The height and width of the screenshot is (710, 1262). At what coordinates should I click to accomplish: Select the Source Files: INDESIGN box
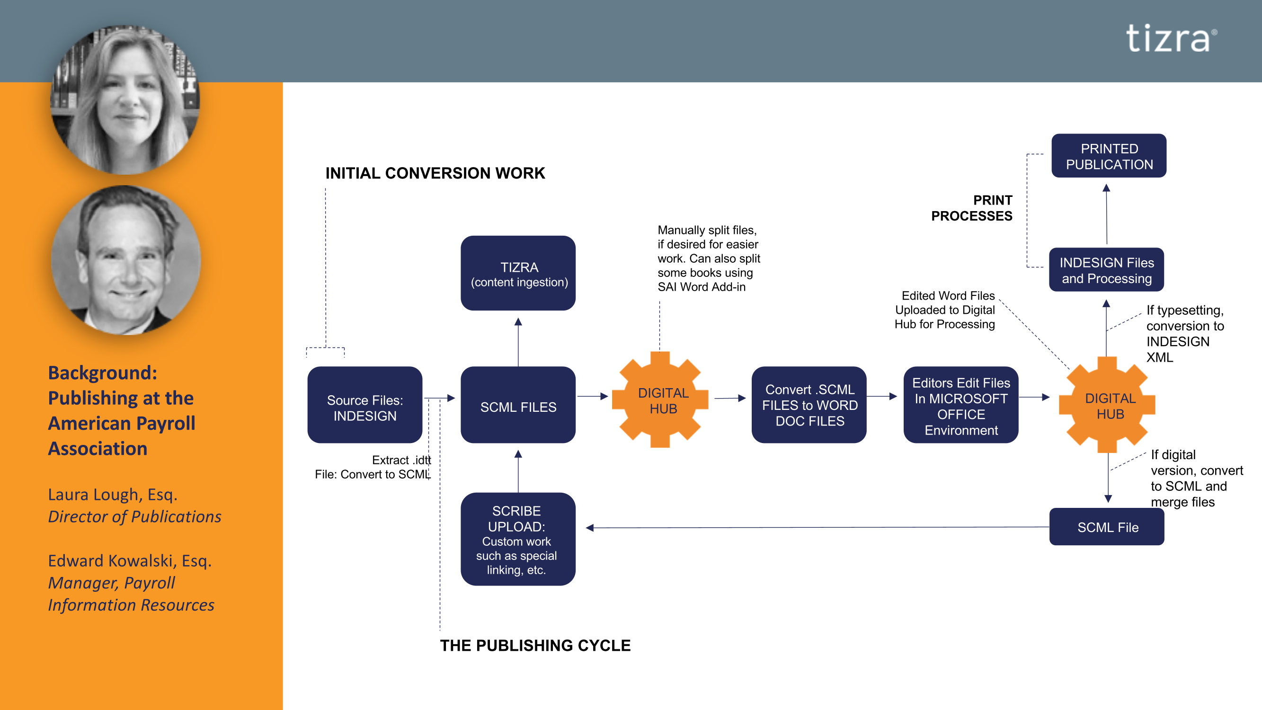pos(364,405)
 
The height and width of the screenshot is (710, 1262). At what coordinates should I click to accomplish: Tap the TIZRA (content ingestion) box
pos(518,273)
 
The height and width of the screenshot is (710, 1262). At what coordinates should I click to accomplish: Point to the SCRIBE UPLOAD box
pos(518,539)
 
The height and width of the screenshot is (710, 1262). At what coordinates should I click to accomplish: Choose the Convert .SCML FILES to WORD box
pos(809,405)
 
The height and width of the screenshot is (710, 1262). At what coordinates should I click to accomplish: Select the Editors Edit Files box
pos(961,405)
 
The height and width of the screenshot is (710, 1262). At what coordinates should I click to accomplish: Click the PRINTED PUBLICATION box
pos(1109,156)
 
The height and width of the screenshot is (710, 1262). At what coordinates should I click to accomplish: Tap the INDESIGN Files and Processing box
pos(1106,269)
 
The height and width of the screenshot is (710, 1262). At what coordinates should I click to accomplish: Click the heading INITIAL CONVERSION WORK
pos(435,173)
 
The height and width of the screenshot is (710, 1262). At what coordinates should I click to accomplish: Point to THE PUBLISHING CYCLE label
pos(535,645)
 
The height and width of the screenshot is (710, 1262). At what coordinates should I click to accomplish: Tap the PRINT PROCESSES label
pos(972,208)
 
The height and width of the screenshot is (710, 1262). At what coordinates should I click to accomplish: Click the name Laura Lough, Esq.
pos(113,495)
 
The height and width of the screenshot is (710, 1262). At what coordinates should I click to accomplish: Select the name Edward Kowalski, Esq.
pos(130,560)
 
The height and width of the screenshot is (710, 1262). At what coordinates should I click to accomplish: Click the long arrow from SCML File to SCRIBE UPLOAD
pos(818,528)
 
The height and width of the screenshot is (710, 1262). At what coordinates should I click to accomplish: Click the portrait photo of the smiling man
pos(126,260)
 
